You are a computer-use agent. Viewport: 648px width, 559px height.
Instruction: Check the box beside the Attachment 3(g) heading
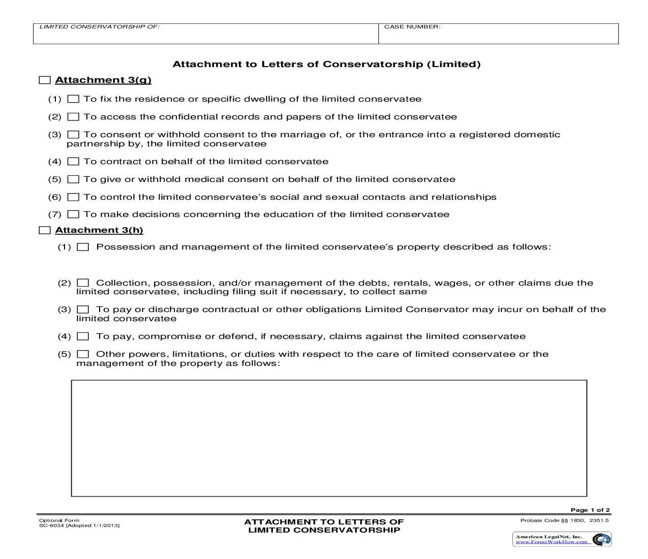45,80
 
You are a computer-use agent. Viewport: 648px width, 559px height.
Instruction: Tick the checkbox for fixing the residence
73,99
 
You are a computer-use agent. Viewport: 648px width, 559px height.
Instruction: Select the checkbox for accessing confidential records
73,117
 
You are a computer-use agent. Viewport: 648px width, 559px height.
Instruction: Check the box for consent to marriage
73,135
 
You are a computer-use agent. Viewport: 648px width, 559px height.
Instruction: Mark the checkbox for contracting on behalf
73,162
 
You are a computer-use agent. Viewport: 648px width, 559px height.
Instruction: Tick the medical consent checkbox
73,179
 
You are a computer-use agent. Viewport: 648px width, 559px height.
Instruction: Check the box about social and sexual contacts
73,197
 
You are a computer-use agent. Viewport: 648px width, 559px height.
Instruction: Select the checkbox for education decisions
73,214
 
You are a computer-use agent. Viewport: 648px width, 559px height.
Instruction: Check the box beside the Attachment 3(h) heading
45,231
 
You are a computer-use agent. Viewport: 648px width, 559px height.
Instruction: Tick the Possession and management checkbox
83,247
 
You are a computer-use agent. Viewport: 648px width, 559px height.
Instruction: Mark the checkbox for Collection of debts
83,283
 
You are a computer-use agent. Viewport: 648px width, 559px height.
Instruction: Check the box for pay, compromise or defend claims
83,336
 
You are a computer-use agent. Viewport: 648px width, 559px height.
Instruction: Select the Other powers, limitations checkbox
83,354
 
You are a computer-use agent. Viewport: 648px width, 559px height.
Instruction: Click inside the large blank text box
329,438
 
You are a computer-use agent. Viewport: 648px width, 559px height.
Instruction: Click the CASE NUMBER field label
412,27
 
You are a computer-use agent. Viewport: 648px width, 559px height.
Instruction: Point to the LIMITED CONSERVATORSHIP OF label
99,27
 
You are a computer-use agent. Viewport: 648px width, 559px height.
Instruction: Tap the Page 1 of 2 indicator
590,510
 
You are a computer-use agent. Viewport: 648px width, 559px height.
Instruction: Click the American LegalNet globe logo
601,539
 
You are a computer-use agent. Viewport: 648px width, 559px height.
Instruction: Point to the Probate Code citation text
564,520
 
